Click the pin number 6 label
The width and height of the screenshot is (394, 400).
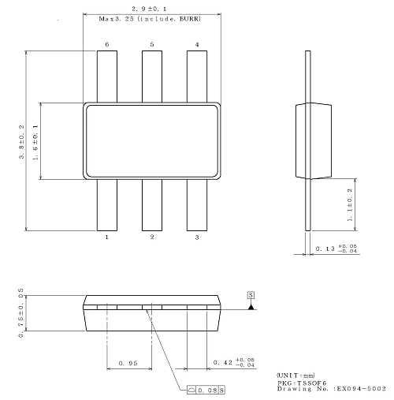click(106, 44)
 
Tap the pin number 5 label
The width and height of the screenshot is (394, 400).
click(152, 44)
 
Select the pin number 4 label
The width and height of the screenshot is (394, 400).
click(197, 44)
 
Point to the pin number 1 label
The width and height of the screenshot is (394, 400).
click(106, 237)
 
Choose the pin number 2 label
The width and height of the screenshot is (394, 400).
click(152, 237)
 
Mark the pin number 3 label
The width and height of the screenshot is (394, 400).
click(197, 237)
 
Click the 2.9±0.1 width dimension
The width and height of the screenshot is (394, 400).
click(151, 7)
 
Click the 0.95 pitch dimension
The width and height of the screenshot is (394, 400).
click(128, 363)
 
